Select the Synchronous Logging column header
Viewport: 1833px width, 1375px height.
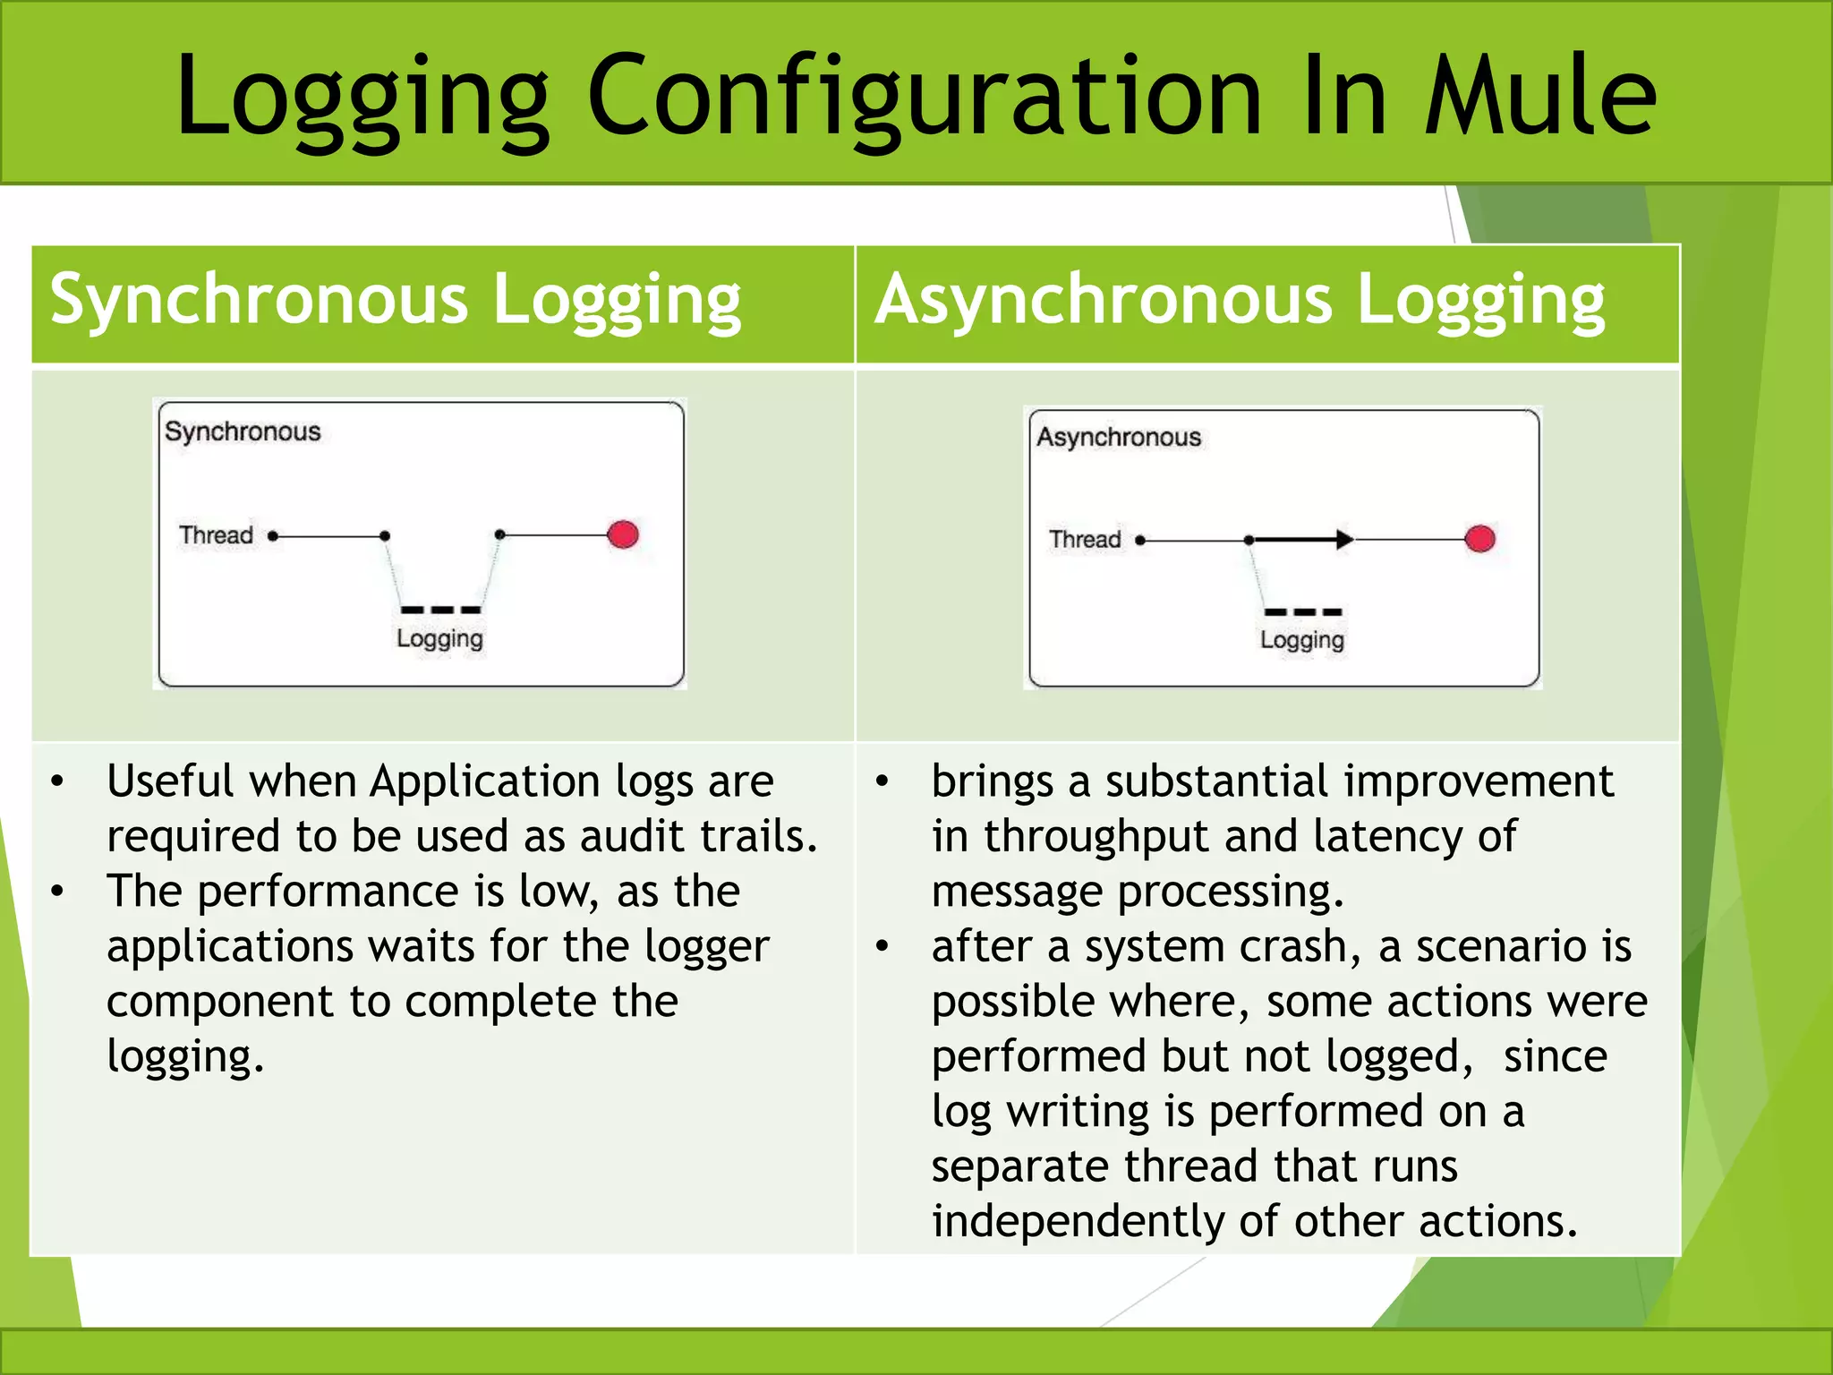click(396, 301)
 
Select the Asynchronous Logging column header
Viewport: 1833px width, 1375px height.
click(1240, 301)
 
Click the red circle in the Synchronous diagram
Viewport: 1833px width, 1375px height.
click(623, 534)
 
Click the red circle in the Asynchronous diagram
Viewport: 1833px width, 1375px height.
click(1479, 539)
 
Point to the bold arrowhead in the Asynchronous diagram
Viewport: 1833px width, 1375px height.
click(1343, 539)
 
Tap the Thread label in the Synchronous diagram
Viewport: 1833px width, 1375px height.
click(216, 535)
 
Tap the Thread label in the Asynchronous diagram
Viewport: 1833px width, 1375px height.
click(1085, 540)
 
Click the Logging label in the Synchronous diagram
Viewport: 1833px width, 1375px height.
click(439, 639)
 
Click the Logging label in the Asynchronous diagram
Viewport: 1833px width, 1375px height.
click(1301, 640)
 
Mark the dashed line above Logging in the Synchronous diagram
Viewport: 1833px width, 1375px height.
click(441, 610)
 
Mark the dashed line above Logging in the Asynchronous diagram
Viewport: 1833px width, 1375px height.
click(1303, 612)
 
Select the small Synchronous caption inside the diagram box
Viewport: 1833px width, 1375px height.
click(243, 431)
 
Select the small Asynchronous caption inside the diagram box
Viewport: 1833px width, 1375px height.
click(1119, 437)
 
